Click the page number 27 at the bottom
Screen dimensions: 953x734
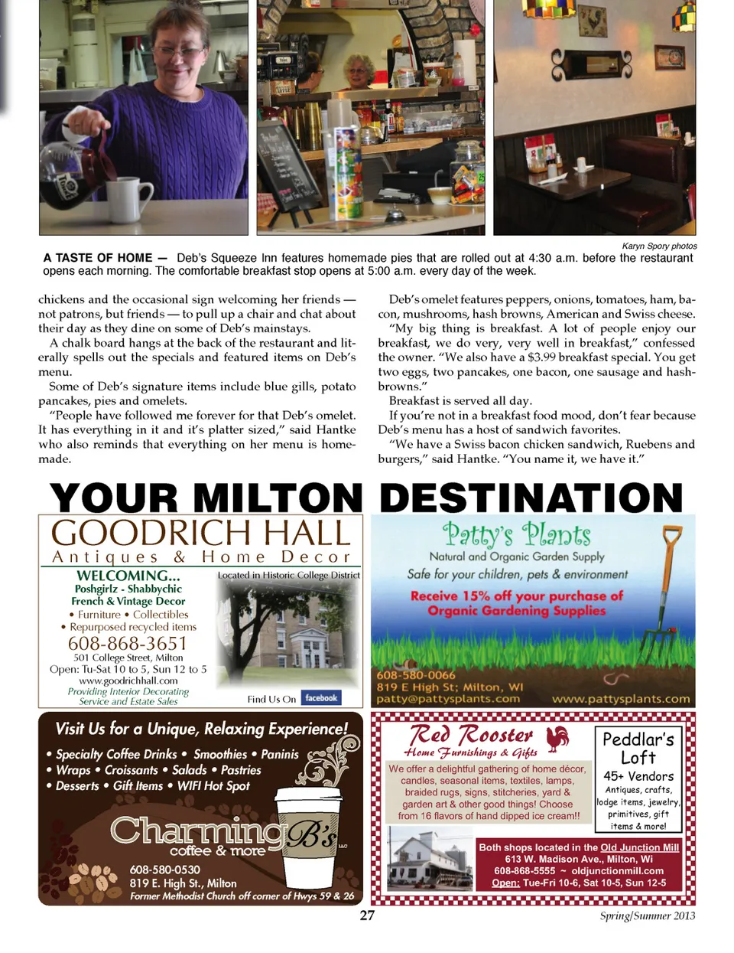[x=367, y=915]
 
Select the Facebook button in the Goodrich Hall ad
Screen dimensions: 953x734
[x=321, y=698]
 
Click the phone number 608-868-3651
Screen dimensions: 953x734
[x=128, y=643]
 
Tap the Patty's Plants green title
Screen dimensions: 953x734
[x=517, y=534]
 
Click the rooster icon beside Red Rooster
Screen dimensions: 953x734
[x=558, y=738]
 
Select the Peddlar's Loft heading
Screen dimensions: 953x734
[x=638, y=748]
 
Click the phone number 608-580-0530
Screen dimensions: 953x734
[x=164, y=870]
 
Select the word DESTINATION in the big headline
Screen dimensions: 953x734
[x=531, y=498]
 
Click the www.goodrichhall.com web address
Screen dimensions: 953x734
[x=128, y=680]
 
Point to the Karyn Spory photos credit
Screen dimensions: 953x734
[x=659, y=246]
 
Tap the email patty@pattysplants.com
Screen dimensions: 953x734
[x=448, y=699]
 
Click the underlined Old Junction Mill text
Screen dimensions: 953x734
[x=639, y=847]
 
